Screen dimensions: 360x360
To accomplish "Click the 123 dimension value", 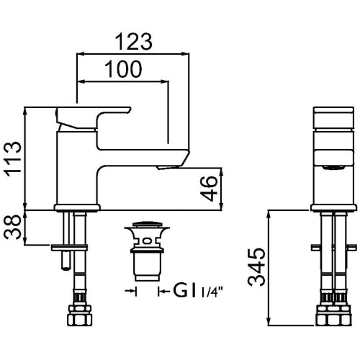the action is pos(134,42).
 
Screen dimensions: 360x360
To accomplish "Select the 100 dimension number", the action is pos(123,69).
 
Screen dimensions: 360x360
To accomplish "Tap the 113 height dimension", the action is pos(12,159).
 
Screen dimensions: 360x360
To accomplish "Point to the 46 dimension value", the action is pos(209,189).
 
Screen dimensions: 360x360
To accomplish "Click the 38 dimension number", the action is pos(12,227).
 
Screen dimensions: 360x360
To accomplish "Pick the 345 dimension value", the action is pos(257,268).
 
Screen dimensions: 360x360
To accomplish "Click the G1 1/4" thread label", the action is pos(199,291).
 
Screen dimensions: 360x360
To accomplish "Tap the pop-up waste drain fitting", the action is pos(147,251).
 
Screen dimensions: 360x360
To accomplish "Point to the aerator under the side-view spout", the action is pos(333,167).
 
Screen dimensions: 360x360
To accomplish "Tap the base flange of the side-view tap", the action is pos(333,208).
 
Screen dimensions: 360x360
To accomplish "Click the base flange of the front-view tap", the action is pos(77,208).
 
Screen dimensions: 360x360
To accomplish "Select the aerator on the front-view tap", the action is pos(169,167).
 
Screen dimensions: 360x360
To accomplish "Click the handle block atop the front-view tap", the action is pos(333,118).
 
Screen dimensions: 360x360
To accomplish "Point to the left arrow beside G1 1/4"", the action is pos(131,291).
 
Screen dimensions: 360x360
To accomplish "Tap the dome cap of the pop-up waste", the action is pos(147,225).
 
